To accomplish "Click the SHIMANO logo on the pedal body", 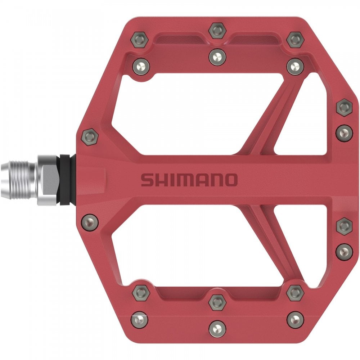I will click(189, 180).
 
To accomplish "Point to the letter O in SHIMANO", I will click(231, 180).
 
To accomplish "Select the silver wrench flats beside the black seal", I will click(49, 179).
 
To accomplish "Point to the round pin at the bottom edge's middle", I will click(217, 328).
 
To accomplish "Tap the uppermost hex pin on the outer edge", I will click(344, 107).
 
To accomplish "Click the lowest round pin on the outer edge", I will click(344, 251).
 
